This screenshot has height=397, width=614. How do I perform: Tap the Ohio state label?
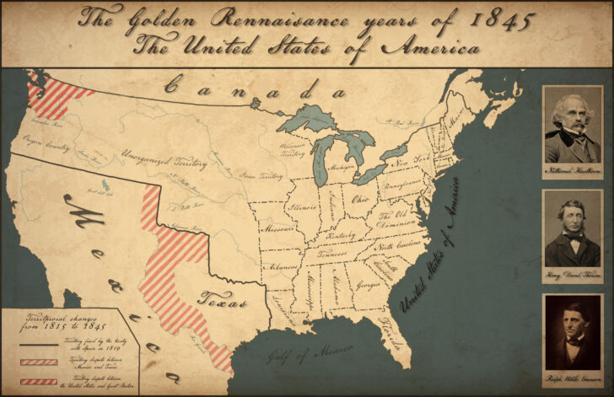coord(360,200)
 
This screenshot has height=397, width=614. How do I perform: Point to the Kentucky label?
coord(342,236)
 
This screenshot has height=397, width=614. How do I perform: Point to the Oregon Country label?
coord(46,145)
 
